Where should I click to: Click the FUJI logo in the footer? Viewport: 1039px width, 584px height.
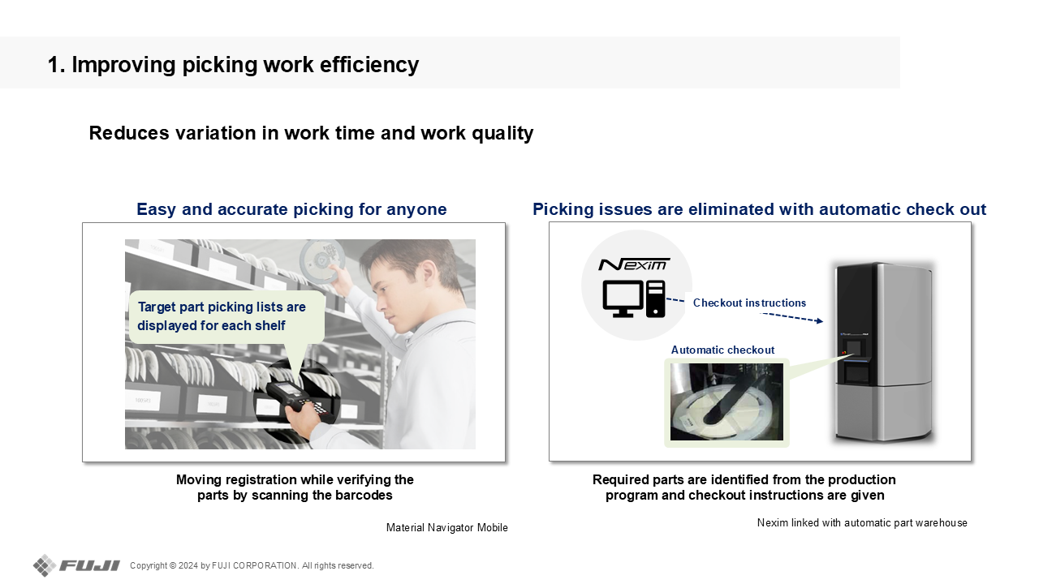tap(76, 565)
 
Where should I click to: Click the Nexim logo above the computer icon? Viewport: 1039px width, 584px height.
tap(634, 264)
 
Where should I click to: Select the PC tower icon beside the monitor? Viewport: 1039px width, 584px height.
tap(655, 299)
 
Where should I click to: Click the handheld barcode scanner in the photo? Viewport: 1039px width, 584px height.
tap(300, 398)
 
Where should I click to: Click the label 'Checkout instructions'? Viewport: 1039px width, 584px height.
tap(749, 303)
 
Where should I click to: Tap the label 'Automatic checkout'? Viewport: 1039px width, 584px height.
tap(722, 350)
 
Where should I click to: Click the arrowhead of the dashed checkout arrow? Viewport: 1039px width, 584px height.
tap(820, 320)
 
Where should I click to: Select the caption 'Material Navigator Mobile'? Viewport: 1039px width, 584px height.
tap(446, 527)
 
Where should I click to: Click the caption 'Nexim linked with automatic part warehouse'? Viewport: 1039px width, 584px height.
tap(862, 523)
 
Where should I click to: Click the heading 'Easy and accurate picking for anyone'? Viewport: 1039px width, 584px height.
tap(291, 209)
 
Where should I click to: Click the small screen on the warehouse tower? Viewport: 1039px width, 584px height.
tap(853, 349)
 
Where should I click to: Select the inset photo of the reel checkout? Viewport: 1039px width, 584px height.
tap(726, 401)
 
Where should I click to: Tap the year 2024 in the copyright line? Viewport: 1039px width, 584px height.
tap(188, 565)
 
